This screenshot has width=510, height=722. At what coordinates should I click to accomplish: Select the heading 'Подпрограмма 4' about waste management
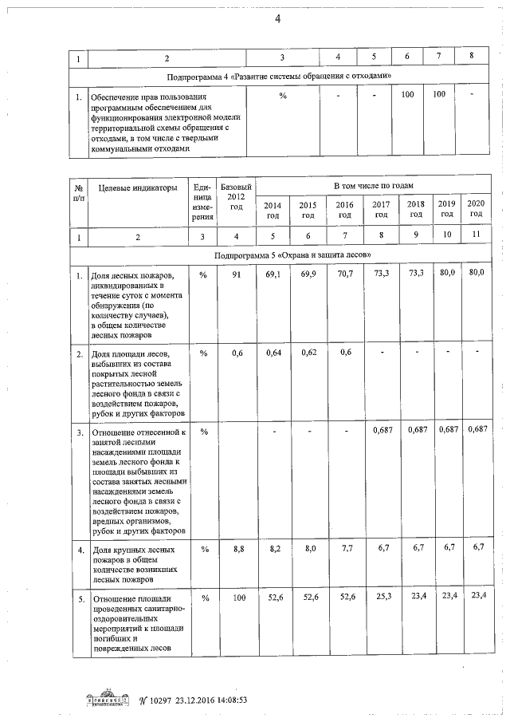pyautogui.click(x=279, y=77)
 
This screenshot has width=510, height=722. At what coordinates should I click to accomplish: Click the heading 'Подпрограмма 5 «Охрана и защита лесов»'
pyautogui.click(x=292, y=254)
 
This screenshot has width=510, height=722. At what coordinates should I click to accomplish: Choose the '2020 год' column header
pyautogui.click(x=476, y=210)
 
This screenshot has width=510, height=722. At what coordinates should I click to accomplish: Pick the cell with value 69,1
pyautogui.click(x=273, y=274)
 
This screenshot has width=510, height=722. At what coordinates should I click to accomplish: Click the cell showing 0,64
pyautogui.click(x=273, y=353)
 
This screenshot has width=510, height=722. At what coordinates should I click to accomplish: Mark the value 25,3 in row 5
pyautogui.click(x=381, y=597)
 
